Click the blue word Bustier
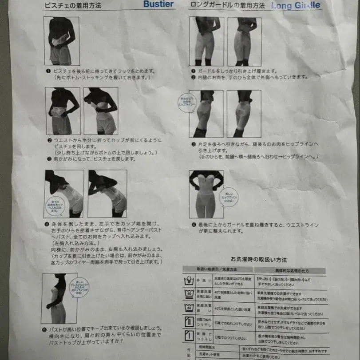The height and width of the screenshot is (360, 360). click(x=158, y=4)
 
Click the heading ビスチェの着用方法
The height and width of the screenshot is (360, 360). click(x=72, y=6)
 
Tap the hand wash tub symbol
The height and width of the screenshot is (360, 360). click(x=190, y=281)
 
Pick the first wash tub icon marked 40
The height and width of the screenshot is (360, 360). click(x=190, y=294)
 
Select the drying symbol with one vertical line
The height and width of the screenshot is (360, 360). click(x=190, y=336)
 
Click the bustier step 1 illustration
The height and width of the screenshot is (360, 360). click(x=62, y=41)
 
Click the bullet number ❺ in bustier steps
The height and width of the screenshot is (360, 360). click(x=44, y=329)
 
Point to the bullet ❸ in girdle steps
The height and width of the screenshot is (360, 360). click(x=194, y=144)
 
